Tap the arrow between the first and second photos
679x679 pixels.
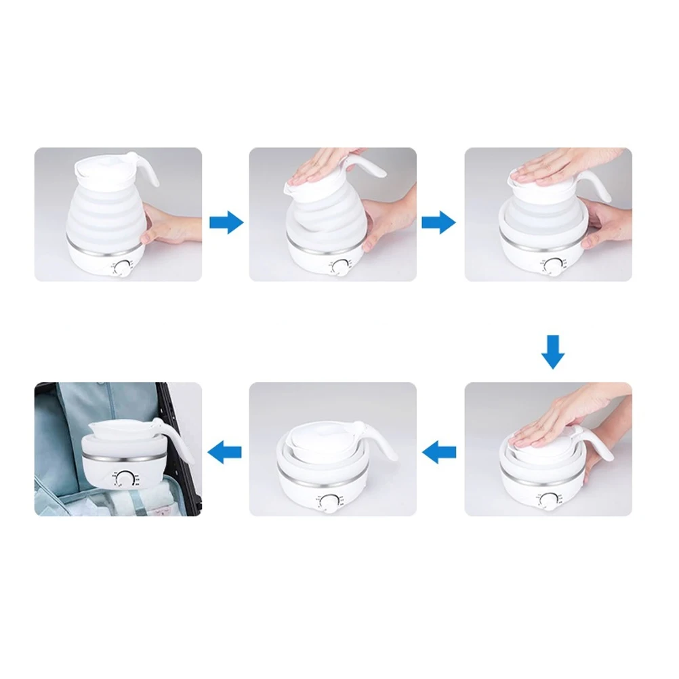(226, 222)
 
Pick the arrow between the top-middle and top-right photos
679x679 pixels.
(438, 222)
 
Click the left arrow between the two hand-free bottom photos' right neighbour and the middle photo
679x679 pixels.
(438, 449)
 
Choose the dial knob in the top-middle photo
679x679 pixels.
(337, 268)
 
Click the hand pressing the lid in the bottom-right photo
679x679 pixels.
(562, 413)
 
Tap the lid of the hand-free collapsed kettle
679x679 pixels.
(318, 437)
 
